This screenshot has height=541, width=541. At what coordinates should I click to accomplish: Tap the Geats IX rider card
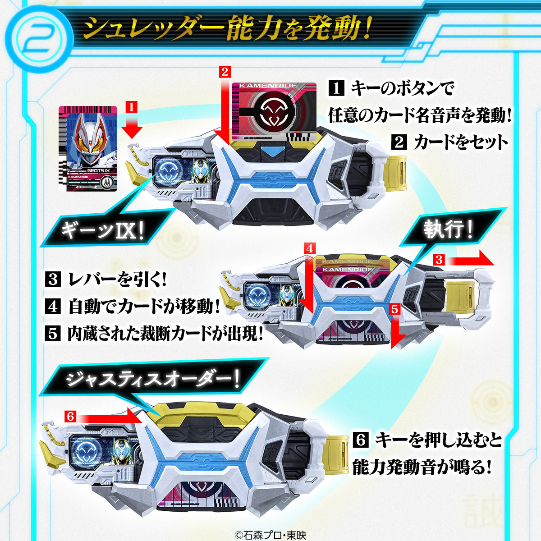(88, 149)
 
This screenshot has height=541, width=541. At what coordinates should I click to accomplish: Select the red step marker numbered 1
(131, 107)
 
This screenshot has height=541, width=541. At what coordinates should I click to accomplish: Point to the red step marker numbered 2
(225, 71)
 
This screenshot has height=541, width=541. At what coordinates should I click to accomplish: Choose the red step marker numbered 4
(309, 248)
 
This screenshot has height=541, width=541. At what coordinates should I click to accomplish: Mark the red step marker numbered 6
(69, 416)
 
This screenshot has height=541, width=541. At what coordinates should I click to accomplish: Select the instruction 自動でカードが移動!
(144, 307)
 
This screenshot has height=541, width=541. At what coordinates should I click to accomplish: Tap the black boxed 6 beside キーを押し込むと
(361, 440)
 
